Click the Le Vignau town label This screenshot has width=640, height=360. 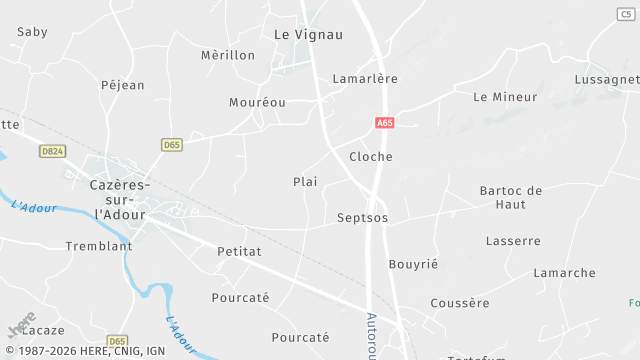coord(308,34)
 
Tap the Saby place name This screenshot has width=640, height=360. coord(33,32)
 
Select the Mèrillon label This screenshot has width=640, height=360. coord(228,55)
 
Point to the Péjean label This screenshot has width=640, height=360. coord(123,85)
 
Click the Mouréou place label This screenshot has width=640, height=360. coord(257,102)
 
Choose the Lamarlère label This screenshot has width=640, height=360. coord(365,78)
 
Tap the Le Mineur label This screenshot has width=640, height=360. coord(505,97)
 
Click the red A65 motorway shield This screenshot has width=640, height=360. coord(385,123)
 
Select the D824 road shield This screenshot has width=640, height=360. coord(53,151)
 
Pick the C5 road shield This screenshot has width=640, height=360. coord(626,13)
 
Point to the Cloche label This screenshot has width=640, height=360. coord(371,157)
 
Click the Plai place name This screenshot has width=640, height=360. coord(305,182)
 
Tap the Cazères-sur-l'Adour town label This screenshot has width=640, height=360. coord(119,200)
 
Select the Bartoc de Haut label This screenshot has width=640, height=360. coord(510,197)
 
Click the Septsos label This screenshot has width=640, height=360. coord(362,218)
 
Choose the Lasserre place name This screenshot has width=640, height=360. coord(513,241)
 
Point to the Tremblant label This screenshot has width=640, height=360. coord(99,246)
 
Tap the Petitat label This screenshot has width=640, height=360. coord(239,252)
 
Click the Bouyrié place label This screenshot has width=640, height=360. coord(413,264)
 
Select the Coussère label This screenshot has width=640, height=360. coord(460,303)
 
